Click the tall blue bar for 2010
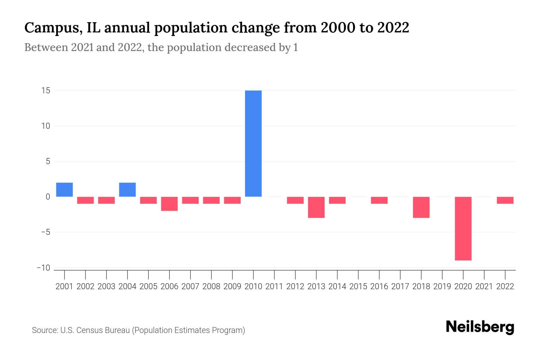tap(253, 143)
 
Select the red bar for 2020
tap(463, 228)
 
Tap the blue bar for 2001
tap(64, 190)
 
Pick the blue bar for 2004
tap(127, 190)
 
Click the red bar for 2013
tap(316, 207)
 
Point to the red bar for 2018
tap(421, 207)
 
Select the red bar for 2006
tap(169, 204)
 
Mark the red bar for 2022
tap(505, 200)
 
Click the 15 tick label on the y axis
tap(46, 90)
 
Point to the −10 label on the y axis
tap(43, 268)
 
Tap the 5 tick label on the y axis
tap(48, 161)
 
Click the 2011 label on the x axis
tap(274, 286)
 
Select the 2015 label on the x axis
tap(358, 286)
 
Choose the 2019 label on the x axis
tap(442, 286)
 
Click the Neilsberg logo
tap(480, 327)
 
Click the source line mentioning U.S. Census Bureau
tap(138, 330)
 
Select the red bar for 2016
tap(379, 200)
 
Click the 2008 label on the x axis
tap(211, 286)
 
